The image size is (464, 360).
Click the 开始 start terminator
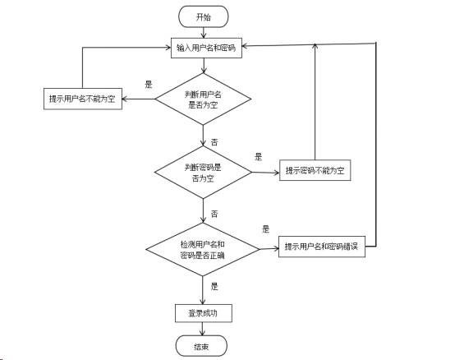[x=202, y=16]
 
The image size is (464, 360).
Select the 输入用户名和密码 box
[x=205, y=48]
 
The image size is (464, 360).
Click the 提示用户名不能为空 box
[x=82, y=99]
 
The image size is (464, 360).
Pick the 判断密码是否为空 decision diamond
[x=202, y=172]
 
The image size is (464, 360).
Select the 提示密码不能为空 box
[x=315, y=171]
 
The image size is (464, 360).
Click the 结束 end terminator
[x=202, y=347]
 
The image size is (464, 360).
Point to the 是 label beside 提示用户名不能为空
[x=149, y=84]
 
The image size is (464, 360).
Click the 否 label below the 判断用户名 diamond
[x=214, y=142]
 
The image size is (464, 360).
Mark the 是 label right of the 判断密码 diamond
[x=258, y=156]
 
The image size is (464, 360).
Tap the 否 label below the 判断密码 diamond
[x=214, y=214]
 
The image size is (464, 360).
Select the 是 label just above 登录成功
[x=214, y=286]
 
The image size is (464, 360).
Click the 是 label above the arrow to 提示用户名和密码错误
[x=266, y=228]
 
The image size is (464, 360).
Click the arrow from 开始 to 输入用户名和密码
[x=202, y=33]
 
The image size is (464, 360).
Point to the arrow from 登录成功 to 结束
[x=202, y=330]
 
